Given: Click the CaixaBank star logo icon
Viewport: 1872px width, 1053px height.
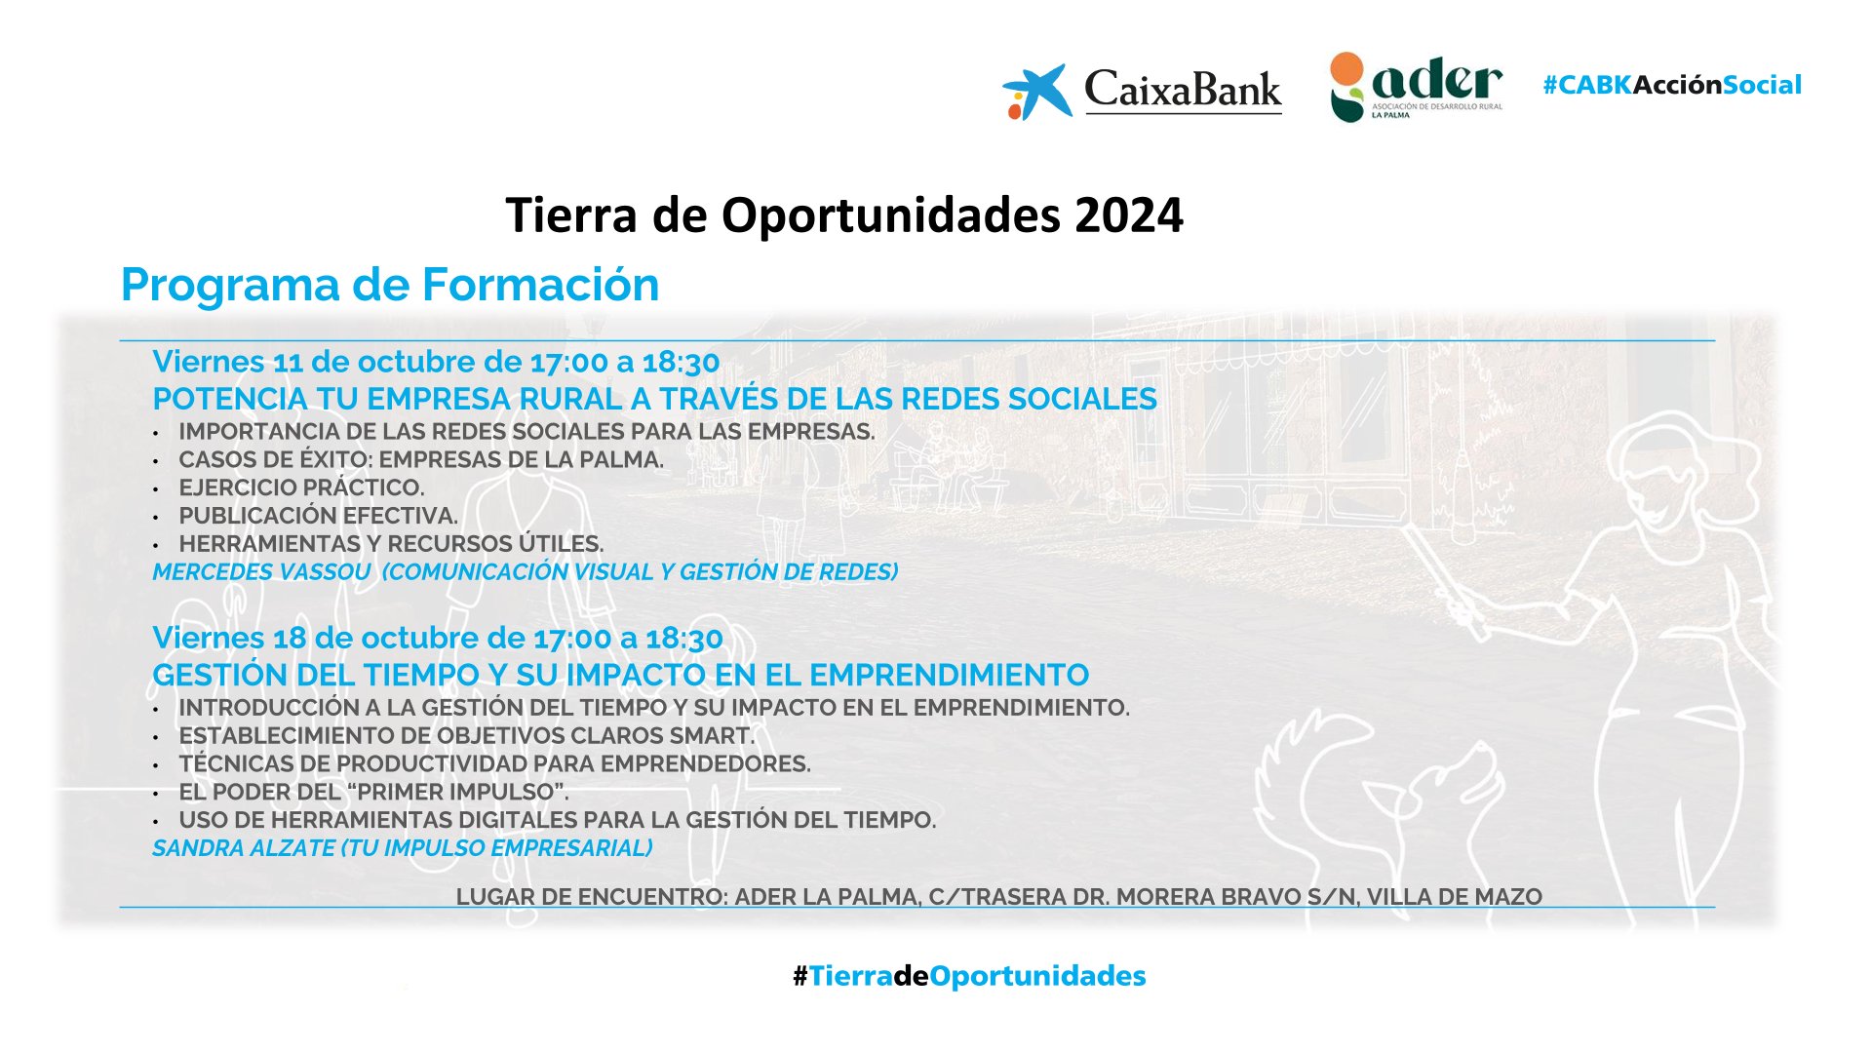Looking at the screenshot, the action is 1036,92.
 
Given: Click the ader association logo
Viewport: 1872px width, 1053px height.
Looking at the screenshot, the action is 1416,87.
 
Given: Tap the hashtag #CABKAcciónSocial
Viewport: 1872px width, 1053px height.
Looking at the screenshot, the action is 1672,85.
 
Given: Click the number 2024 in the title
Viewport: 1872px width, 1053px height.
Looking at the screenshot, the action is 1129,214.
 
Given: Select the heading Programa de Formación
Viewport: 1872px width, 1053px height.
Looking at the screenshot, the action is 390,285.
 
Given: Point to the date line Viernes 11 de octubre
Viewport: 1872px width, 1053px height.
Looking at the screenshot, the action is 436,362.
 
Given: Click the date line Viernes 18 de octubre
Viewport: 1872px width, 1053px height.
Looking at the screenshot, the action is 438,638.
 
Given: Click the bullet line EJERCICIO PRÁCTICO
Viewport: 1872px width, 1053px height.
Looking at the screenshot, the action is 301,487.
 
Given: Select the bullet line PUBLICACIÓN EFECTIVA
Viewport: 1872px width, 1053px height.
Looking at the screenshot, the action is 318,516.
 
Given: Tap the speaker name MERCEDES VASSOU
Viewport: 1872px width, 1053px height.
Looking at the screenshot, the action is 261,572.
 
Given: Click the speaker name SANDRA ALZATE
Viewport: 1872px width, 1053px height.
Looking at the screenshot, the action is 244,848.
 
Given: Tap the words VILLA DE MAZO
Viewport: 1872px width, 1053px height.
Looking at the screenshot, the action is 1455,897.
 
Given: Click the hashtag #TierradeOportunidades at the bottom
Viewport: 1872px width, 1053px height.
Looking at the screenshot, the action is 969,976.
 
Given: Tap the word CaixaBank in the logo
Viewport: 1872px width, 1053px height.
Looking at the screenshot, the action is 1183,90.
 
